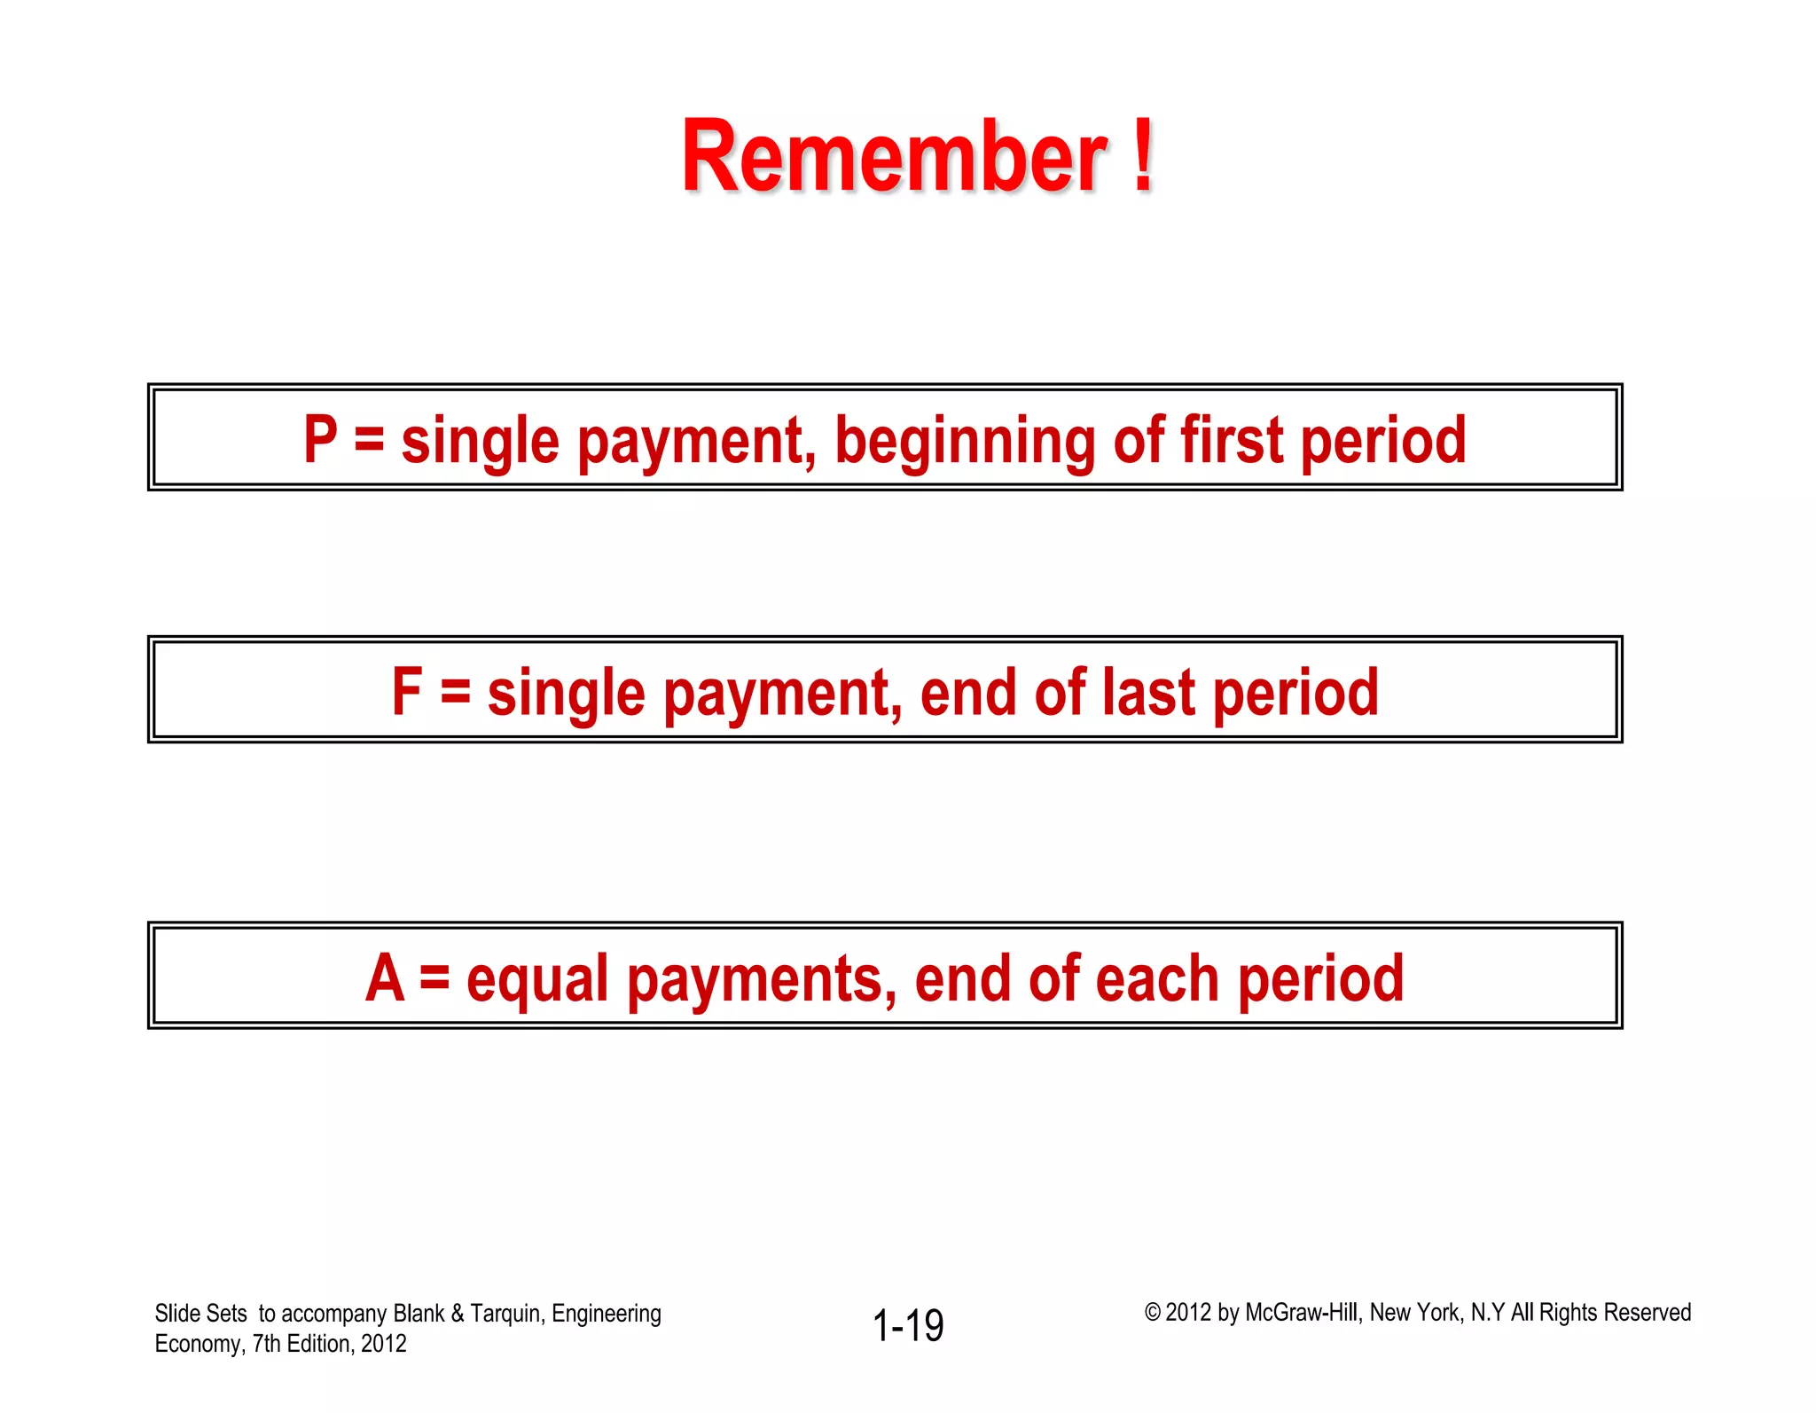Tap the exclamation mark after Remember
coord(1143,157)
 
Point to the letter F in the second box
coord(407,692)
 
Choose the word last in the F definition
coord(1148,692)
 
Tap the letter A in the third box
coord(385,977)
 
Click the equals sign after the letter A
coord(434,977)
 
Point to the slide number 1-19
coord(908,1325)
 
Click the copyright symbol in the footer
coord(1152,1312)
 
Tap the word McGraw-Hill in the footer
coord(1302,1312)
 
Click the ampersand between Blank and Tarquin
coord(458,1313)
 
